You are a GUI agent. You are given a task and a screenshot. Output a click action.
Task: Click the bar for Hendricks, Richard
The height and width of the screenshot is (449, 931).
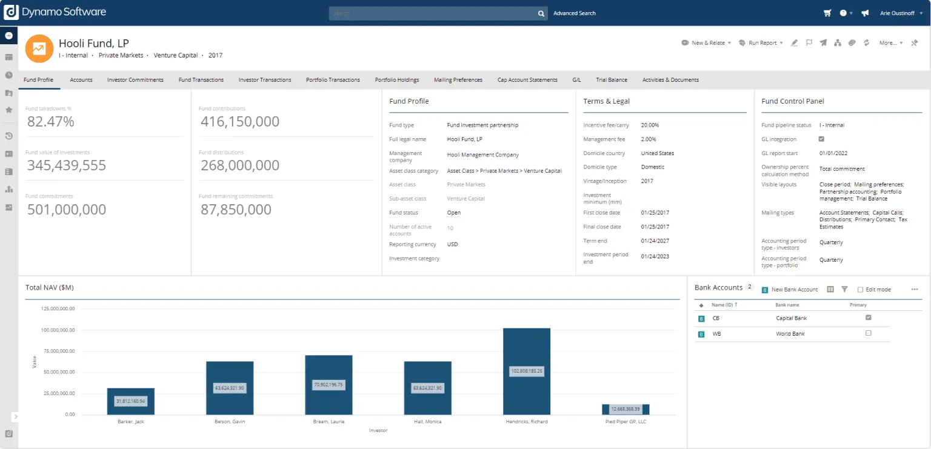point(527,351)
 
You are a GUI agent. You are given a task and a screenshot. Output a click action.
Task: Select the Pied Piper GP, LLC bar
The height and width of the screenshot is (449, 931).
point(626,409)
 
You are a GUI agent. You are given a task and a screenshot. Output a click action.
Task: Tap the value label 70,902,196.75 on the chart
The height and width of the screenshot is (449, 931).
point(329,384)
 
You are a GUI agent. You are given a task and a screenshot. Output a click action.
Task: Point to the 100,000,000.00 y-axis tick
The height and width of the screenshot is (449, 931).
point(58,330)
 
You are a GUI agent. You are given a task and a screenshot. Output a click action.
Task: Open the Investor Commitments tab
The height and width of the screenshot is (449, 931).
point(135,80)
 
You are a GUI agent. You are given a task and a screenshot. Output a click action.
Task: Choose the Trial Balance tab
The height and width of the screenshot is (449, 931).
point(612,80)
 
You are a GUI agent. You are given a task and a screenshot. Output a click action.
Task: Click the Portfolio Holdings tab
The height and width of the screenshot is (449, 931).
point(397,80)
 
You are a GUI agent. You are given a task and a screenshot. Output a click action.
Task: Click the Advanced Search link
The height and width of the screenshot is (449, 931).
point(575,13)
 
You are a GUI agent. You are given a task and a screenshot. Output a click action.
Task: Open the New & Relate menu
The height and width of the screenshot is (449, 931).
point(707,43)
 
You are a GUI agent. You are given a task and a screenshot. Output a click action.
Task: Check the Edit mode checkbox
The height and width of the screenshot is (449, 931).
point(861,290)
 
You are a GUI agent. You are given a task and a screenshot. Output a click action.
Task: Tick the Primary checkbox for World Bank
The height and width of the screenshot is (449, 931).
point(869,333)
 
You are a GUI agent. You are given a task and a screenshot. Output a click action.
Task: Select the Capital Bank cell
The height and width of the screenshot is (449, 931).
point(792,318)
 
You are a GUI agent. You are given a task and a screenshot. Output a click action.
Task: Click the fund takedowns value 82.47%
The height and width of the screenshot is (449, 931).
point(51,122)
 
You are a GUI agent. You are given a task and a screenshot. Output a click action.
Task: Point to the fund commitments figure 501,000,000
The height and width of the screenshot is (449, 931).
point(67,210)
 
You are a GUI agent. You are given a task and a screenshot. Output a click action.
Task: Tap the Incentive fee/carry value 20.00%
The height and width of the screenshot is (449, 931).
point(650,125)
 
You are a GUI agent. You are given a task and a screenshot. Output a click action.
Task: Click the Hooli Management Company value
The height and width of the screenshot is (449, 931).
point(483,155)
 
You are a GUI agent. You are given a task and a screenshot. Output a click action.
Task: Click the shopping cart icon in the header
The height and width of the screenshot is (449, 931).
point(827,13)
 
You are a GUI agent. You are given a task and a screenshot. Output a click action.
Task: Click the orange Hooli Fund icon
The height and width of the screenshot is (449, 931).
point(39,48)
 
